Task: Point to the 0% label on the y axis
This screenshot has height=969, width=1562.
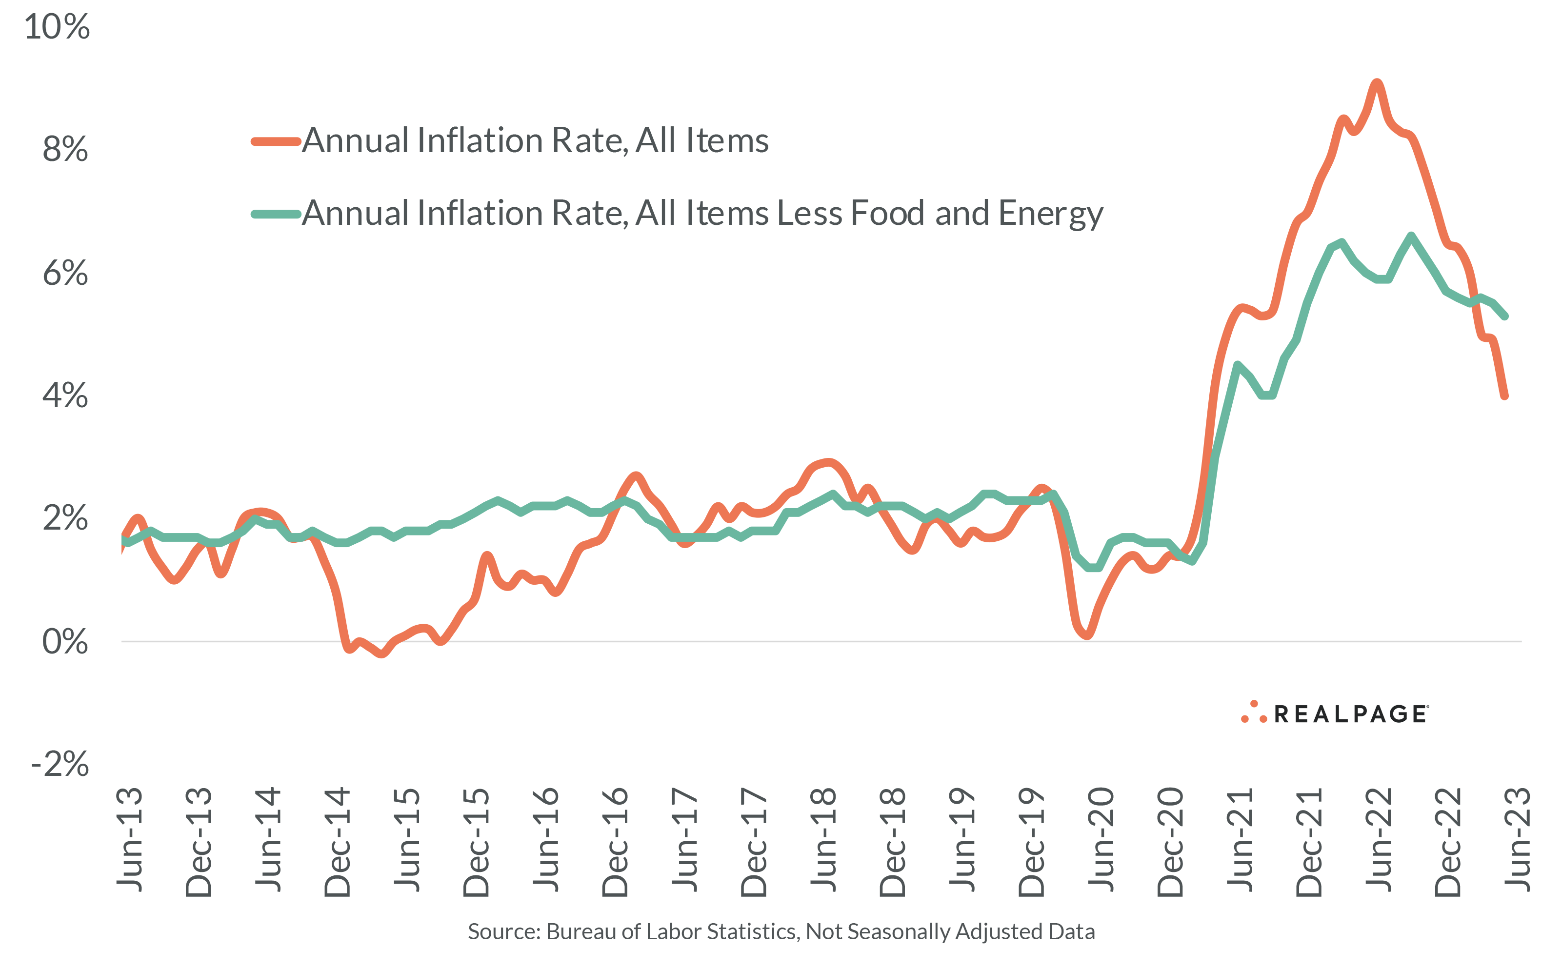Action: coord(65,641)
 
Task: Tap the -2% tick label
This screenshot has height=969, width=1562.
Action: coord(60,764)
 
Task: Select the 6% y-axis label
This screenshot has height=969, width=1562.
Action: coord(65,273)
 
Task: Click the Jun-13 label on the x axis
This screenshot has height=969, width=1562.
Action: coord(129,840)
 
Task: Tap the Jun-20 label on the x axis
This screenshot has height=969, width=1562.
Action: coord(1101,840)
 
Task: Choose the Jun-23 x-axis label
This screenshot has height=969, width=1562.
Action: coord(1517,840)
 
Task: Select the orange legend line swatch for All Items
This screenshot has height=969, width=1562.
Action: coord(276,141)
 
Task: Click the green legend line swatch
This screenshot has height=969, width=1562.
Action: coord(276,214)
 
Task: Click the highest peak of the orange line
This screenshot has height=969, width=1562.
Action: coord(1376,83)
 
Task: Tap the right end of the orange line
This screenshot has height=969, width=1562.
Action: coord(1504,396)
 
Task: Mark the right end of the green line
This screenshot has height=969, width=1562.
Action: coord(1505,316)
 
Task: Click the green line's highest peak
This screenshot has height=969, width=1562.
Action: coord(1411,237)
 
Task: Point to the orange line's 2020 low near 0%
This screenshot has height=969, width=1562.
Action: coord(1087,635)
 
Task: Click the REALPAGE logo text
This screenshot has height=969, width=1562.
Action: coord(1350,714)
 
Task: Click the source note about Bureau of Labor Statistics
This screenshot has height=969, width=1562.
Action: coord(781,931)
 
